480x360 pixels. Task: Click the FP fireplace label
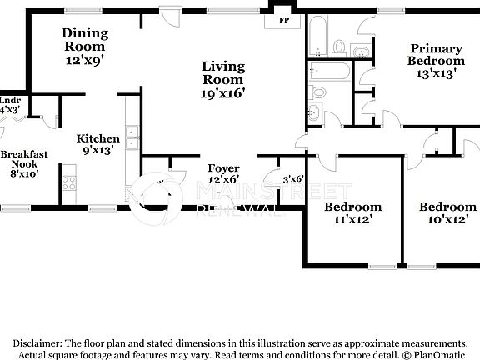click(x=283, y=19)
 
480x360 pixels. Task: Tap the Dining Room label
click(x=84, y=33)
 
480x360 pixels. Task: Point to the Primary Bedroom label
click(x=436, y=55)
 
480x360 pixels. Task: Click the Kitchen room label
click(x=98, y=138)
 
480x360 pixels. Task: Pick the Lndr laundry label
click(x=10, y=100)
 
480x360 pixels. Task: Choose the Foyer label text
click(x=223, y=168)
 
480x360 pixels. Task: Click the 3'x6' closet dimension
click(x=292, y=178)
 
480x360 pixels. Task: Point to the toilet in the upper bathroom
click(x=339, y=45)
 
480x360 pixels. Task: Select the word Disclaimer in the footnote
click(x=37, y=342)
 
